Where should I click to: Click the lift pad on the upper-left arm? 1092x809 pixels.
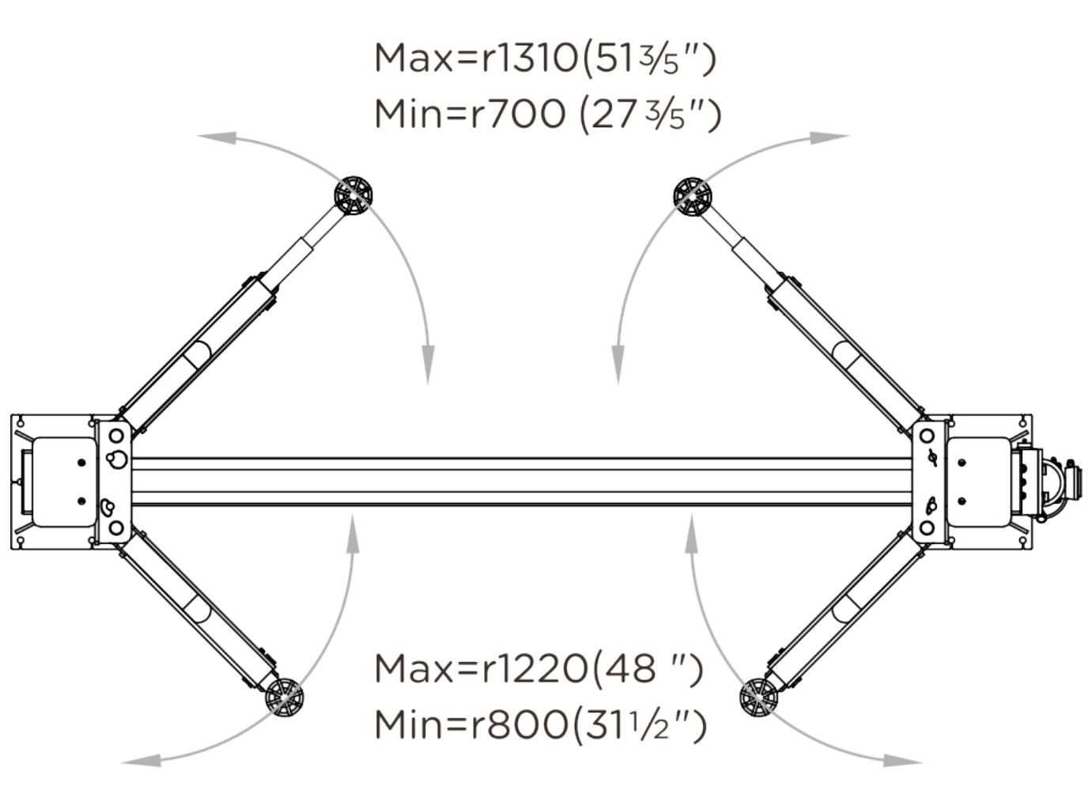coord(353,195)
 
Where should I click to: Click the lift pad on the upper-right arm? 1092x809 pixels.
coord(692,196)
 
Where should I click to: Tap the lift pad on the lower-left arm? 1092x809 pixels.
coord(284,697)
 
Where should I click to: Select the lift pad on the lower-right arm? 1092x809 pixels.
coord(758,697)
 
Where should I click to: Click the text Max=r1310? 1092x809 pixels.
coord(476,58)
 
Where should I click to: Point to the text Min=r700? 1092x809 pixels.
coord(470,114)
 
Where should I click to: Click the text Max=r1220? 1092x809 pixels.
coord(482,669)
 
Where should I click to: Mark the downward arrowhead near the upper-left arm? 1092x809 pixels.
coord(429,365)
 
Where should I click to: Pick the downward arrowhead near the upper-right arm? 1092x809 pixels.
coord(618,365)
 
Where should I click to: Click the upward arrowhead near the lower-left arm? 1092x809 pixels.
coord(353,533)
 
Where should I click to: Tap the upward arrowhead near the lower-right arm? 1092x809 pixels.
coord(692,533)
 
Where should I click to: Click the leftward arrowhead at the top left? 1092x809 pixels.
coord(217,138)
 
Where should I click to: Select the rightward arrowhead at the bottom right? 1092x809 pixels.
coord(903,761)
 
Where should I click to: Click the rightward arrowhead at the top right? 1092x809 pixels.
coord(830,138)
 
